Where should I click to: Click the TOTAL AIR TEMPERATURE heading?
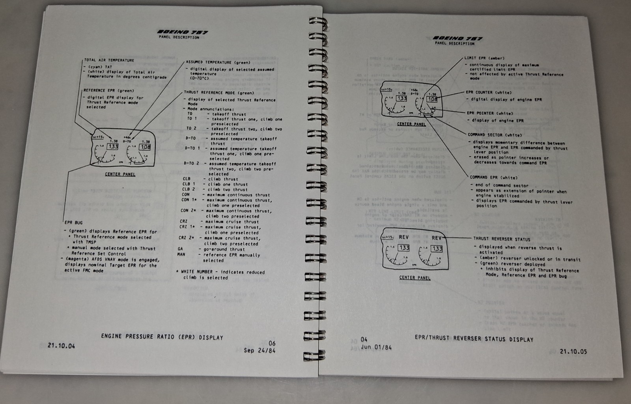[109, 60]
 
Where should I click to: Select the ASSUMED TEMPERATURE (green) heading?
[218, 62]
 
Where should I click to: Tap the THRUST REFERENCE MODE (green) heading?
[219, 93]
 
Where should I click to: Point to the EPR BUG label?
[74, 223]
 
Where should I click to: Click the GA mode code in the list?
[180, 249]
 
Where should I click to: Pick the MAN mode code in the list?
[181, 255]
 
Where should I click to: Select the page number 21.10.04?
[61, 346]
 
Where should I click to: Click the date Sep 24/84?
[259, 350]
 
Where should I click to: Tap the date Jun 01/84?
[371, 348]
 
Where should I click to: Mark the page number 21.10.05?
[573, 352]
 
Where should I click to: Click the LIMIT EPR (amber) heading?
[484, 58]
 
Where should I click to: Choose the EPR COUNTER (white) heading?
[488, 92]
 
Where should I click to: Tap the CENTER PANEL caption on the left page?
[120, 174]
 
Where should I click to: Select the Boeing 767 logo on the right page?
[457, 38]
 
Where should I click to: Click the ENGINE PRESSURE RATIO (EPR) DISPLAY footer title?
[162, 337]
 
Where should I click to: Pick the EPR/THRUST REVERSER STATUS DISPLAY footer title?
[474, 339]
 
